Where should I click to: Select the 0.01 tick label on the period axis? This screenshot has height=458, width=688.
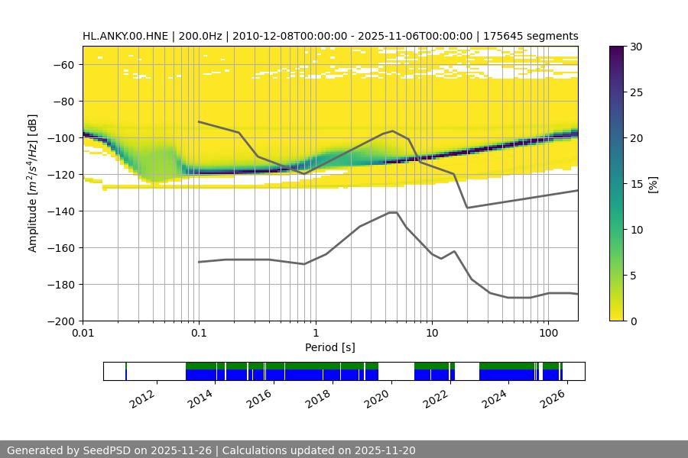click(x=83, y=334)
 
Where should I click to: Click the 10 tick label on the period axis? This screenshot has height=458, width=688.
click(x=432, y=334)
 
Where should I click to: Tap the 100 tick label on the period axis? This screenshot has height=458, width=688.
click(x=548, y=334)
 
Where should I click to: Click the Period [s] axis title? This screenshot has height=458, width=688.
click(x=330, y=348)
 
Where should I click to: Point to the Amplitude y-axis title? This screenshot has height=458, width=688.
click(x=32, y=183)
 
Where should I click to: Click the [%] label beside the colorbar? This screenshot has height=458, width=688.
click(x=652, y=184)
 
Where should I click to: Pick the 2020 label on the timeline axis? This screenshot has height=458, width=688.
click(x=380, y=398)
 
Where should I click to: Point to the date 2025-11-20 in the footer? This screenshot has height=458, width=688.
click(x=385, y=450)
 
